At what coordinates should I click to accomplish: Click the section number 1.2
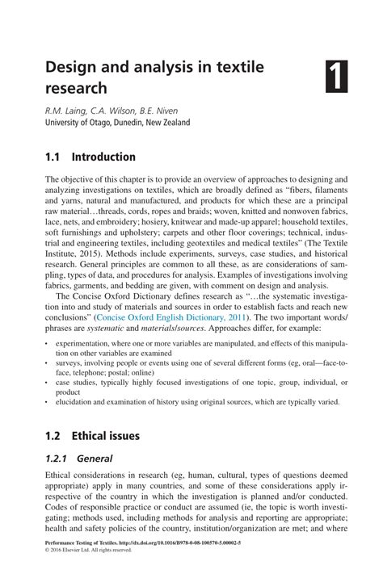click(x=54, y=436)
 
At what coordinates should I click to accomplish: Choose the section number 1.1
click(x=54, y=157)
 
